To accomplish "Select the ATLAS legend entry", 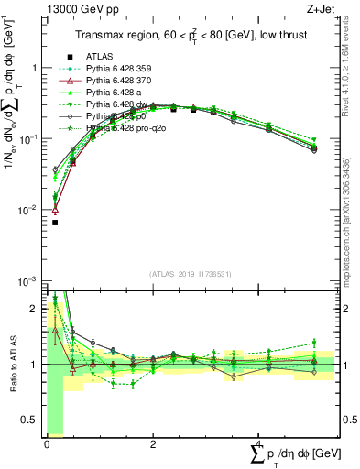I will click(102, 57).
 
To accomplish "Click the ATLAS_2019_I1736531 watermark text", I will click(191, 274).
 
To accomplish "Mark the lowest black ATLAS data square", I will click(55, 222).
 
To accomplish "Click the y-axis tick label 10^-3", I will click(28, 280).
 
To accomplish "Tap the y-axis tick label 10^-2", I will click(28, 210).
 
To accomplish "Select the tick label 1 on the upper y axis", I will click(36, 68).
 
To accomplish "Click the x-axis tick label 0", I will click(47, 443).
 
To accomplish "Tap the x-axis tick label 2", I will click(153, 443).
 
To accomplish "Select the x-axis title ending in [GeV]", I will click(294, 454).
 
